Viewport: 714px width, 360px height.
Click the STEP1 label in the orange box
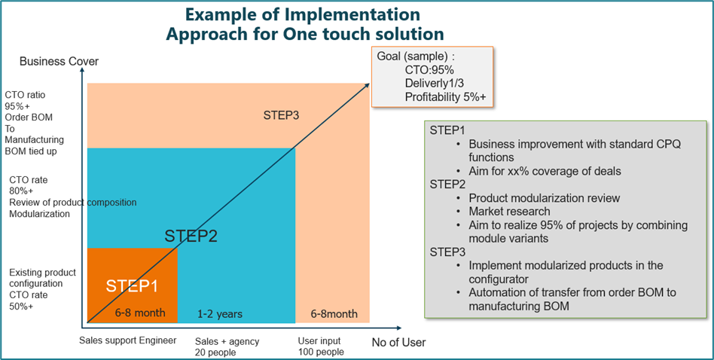[x=132, y=286]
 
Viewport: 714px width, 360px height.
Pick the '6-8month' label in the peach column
[x=334, y=313]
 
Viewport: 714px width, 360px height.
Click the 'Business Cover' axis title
[x=59, y=61]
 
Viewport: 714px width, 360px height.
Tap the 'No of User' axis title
[x=398, y=343]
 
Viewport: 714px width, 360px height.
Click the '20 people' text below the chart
[x=216, y=352]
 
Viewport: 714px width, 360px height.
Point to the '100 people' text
[x=321, y=352]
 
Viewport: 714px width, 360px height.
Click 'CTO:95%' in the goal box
[x=430, y=69]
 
